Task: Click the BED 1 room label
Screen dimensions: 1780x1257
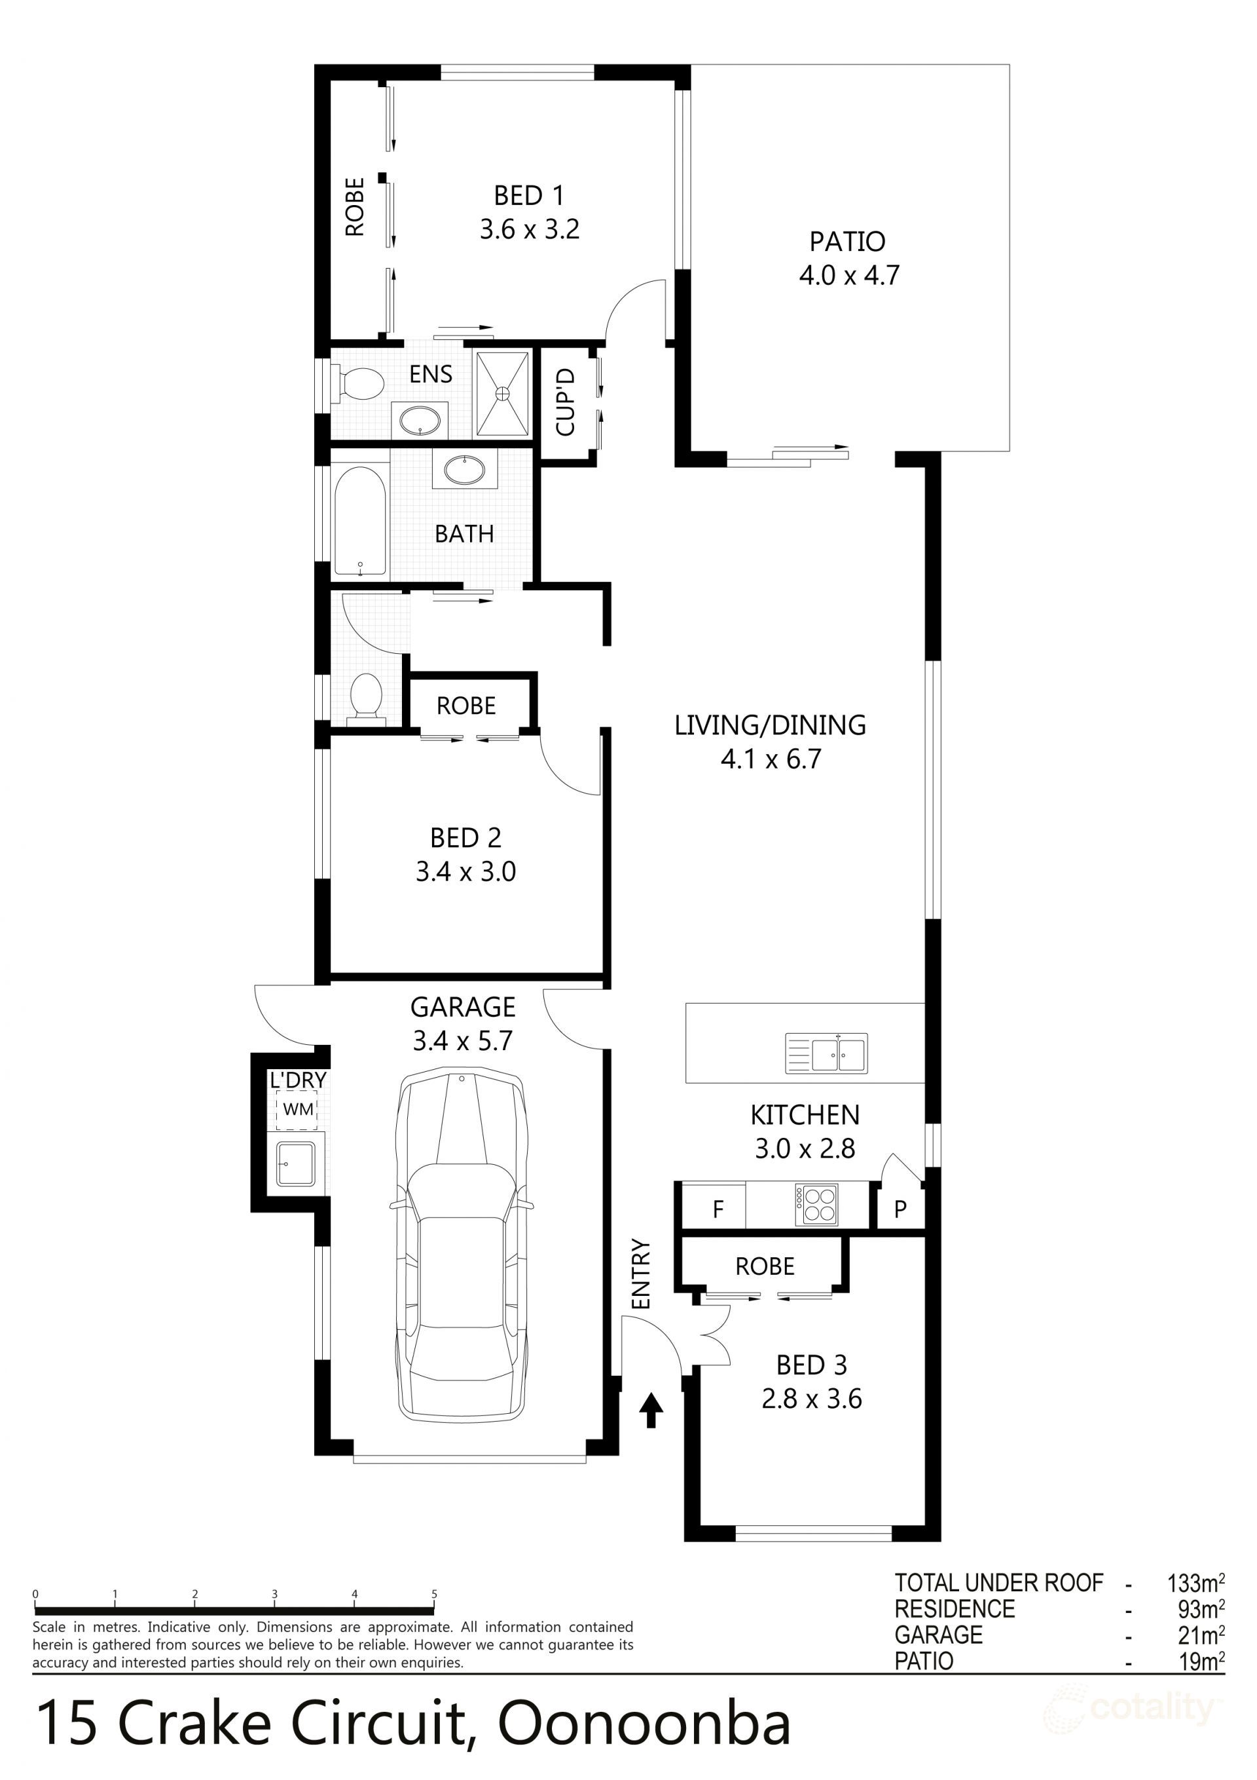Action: pos(529,195)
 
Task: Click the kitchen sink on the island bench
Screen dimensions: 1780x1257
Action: pos(826,1053)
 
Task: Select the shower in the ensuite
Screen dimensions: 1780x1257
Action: pos(502,393)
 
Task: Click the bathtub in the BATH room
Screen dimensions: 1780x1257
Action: pos(359,519)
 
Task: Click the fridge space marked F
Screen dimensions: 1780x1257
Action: pos(717,1209)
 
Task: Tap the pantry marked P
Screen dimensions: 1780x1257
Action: pos(900,1209)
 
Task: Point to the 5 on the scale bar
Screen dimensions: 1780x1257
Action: pos(434,1594)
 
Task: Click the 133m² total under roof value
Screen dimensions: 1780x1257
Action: pos(1195,1582)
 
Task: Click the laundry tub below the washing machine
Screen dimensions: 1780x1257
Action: pos(297,1164)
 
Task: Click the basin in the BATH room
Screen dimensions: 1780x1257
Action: pos(464,470)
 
